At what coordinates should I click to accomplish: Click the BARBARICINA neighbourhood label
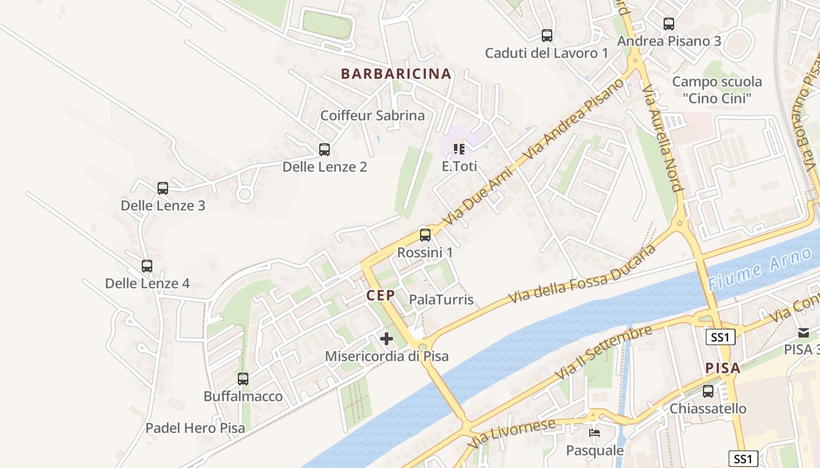pyautogui.click(x=396, y=74)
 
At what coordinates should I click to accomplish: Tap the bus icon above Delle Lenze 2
pyautogui.click(x=324, y=149)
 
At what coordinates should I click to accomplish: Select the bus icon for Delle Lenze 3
pyautogui.click(x=163, y=188)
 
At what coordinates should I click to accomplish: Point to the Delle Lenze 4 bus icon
pyautogui.click(x=147, y=266)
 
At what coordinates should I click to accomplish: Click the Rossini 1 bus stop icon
pyautogui.click(x=425, y=235)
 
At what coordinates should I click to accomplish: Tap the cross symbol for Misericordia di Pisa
pyautogui.click(x=387, y=338)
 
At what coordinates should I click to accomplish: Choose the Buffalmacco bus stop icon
pyautogui.click(x=243, y=378)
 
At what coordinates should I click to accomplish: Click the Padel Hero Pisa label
pyautogui.click(x=195, y=428)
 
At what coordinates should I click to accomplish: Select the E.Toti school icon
pyautogui.click(x=459, y=149)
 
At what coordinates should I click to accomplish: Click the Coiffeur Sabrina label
pyautogui.click(x=372, y=115)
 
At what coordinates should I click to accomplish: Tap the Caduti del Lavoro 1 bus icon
pyautogui.click(x=547, y=36)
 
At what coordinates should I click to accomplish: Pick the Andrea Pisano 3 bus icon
pyautogui.click(x=669, y=24)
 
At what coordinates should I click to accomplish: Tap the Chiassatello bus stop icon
pyautogui.click(x=708, y=391)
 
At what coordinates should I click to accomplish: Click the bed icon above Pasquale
pyautogui.click(x=594, y=433)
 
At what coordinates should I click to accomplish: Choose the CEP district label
pyautogui.click(x=381, y=295)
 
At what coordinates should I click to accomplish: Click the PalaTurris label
pyautogui.click(x=441, y=300)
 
